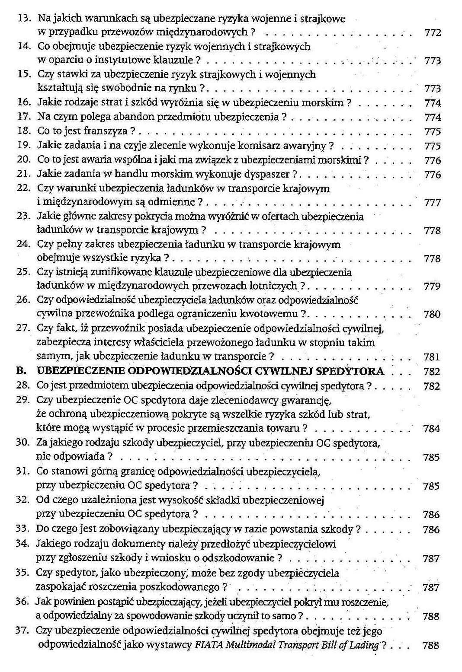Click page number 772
click(x=433, y=33)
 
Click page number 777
click(x=432, y=203)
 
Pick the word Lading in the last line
click(x=364, y=645)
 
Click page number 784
click(x=431, y=429)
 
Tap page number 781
click(x=432, y=357)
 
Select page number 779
click(x=432, y=287)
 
